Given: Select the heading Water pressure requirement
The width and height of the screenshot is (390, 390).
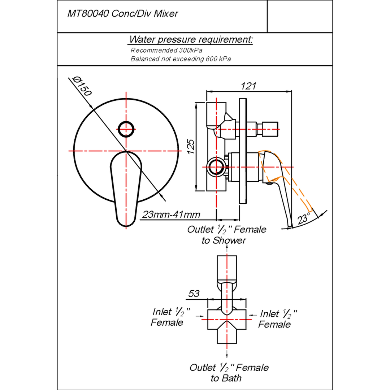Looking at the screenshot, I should point(191,39).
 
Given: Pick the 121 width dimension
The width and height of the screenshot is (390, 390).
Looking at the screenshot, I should point(248,86).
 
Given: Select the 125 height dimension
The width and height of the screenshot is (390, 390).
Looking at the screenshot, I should point(191,146).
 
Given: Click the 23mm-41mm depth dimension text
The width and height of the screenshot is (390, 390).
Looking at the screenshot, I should point(171,214).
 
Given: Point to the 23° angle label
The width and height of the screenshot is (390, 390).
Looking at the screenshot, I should point(304,218).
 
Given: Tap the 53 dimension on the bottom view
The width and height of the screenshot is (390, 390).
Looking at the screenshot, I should point(194,294).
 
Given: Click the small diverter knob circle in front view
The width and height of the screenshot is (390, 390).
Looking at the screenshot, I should point(127,128).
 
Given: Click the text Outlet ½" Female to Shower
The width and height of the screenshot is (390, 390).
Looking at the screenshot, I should point(226,235).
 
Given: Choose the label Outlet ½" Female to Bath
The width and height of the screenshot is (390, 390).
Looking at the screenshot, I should point(229,373).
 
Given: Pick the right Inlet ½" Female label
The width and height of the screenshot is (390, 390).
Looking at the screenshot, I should point(277,319).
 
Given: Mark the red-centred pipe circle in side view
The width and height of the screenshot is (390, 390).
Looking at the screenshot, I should point(216,167).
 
